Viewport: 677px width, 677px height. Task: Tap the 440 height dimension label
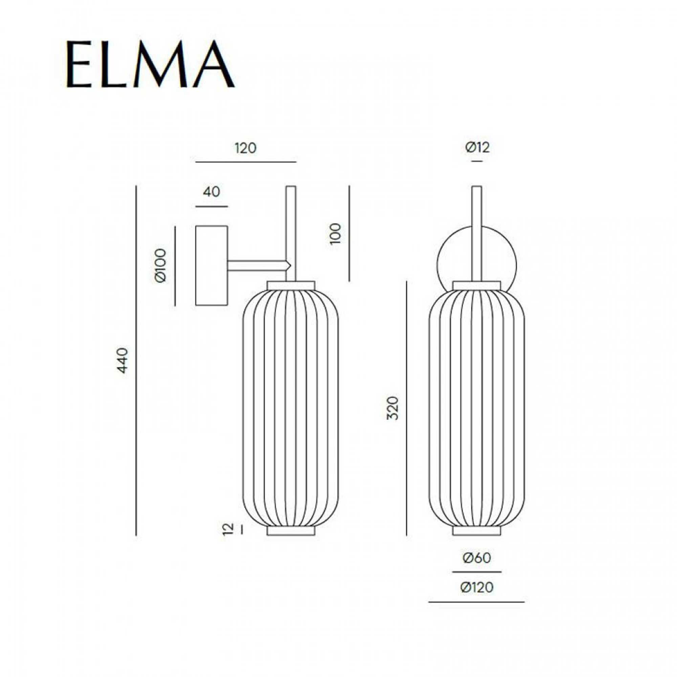[x=122, y=361]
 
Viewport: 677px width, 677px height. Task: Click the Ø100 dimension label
[x=160, y=266]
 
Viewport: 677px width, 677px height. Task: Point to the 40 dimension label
[x=211, y=192]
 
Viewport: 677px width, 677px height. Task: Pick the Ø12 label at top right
[x=477, y=148]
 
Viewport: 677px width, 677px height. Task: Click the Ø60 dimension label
[x=477, y=558]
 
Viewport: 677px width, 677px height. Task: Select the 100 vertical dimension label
[x=335, y=233]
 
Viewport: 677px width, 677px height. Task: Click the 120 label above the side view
[x=246, y=148]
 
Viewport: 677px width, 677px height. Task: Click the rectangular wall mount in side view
[x=211, y=266]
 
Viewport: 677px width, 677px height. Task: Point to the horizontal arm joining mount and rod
[x=258, y=266]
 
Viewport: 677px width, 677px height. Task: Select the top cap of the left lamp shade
[x=291, y=285]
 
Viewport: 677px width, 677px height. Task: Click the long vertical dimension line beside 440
[x=136, y=361]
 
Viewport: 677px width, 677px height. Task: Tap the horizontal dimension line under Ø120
[x=477, y=602]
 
